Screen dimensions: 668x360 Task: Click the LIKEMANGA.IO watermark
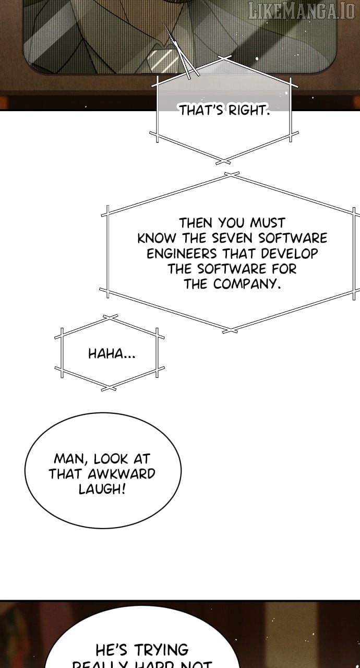(302, 10)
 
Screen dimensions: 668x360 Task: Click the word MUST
(267, 223)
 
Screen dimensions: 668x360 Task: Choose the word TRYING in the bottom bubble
(161, 650)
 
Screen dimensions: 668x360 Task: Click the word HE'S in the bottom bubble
(112, 650)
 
